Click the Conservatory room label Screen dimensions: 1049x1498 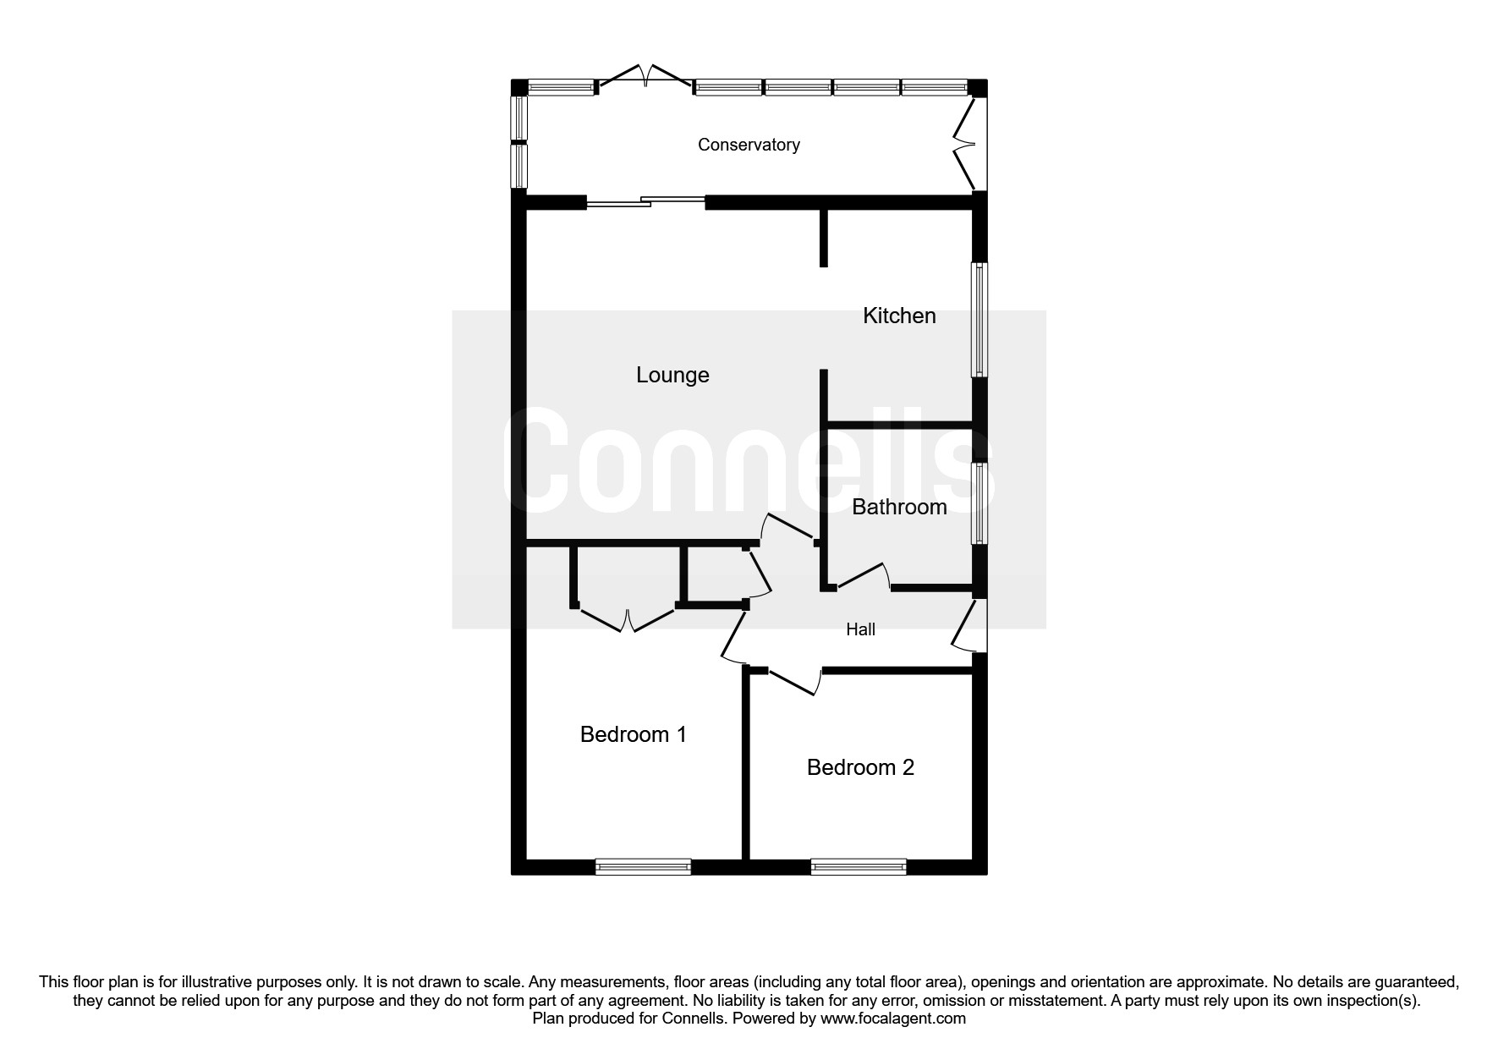[x=749, y=145]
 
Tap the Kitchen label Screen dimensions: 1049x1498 [x=899, y=316]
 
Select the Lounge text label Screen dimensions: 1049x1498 [x=672, y=375]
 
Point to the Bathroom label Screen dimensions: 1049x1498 [x=899, y=507]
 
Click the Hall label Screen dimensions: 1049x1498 [x=860, y=629]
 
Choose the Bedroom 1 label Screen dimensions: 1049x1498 [x=633, y=734]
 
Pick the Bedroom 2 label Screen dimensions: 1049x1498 [x=860, y=767]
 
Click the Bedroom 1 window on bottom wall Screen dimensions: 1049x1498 [x=643, y=866]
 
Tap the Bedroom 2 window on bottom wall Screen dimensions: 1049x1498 [x=858, y=866]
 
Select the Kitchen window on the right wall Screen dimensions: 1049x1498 [x=979, y=320]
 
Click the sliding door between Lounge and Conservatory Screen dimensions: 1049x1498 [x=645, y=202]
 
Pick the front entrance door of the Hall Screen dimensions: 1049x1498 [x=967, y=626]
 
